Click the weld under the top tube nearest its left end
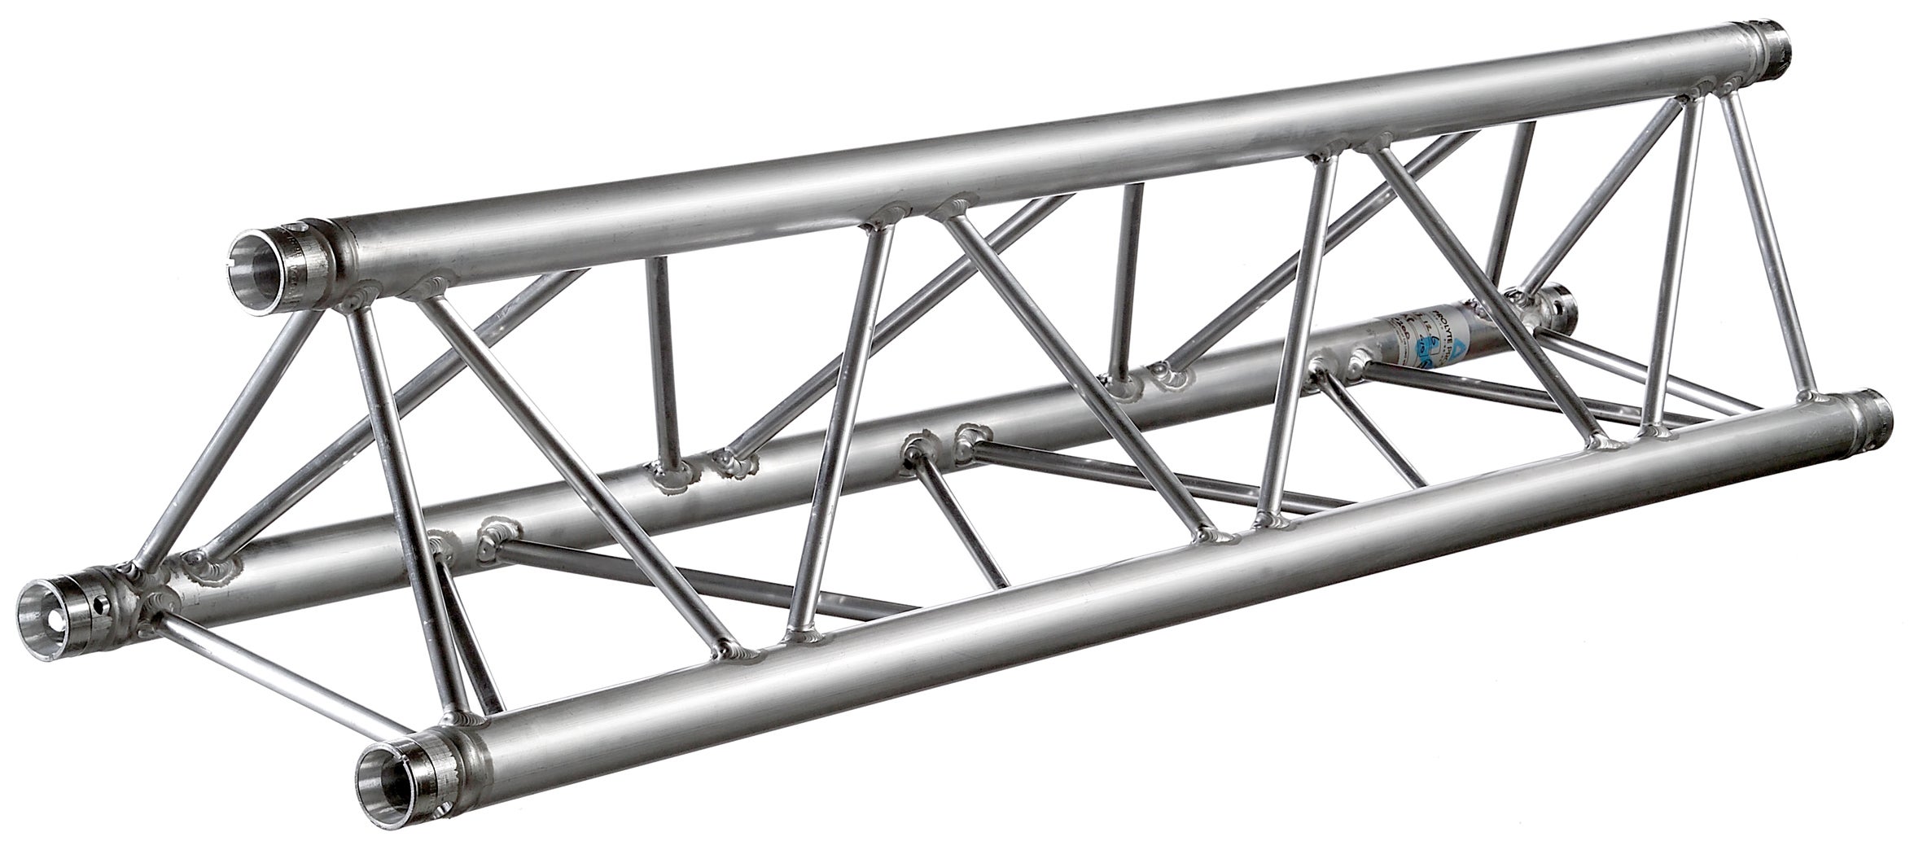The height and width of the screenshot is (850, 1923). [358, 297]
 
